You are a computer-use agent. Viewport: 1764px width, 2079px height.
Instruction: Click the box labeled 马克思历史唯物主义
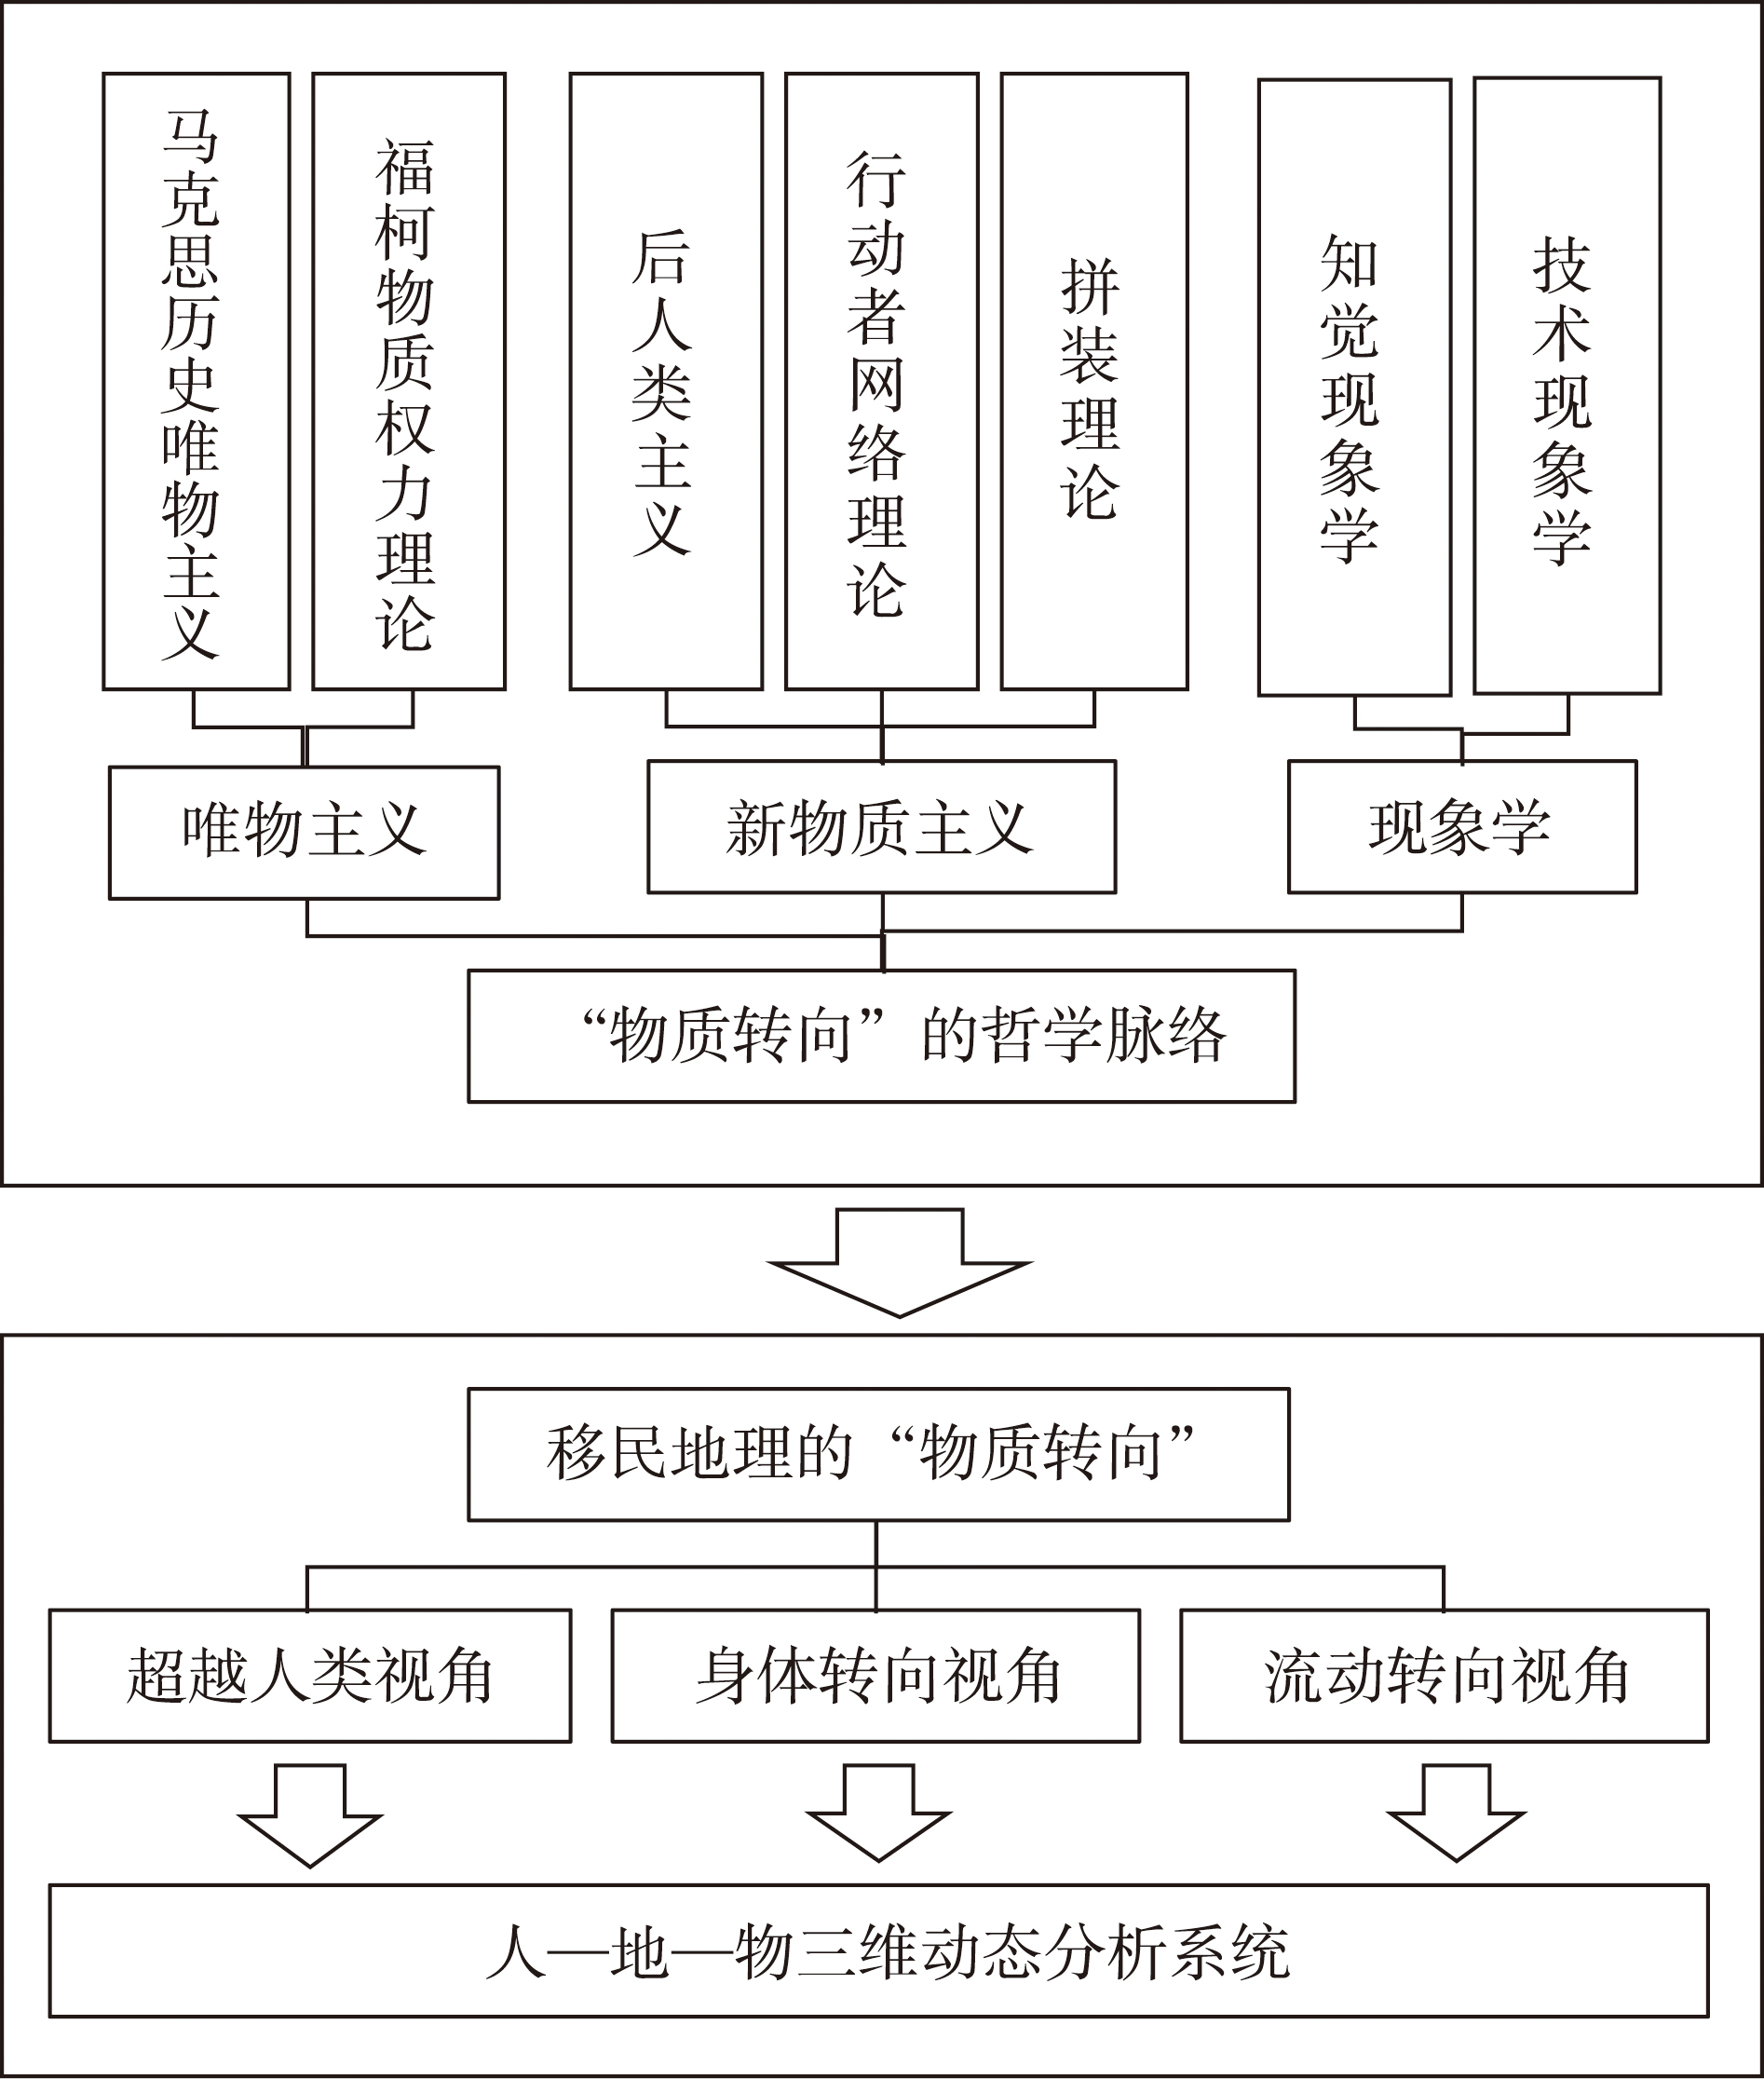(x=196, y=381)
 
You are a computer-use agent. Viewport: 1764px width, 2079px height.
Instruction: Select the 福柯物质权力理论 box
(x=409, y=381)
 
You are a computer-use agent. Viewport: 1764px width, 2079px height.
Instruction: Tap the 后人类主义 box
(x=666, y=381)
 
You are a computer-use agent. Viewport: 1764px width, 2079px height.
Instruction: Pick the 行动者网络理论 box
(x=881, y=381)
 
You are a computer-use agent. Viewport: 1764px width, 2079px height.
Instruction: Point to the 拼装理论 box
(x=1094, y=381)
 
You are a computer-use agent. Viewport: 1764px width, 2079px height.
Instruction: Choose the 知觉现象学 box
(x=1354, y=387)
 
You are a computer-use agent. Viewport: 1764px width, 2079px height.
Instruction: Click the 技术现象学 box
(x=1567, y=385)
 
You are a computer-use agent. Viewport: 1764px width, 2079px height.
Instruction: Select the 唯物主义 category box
(x=304, y=832)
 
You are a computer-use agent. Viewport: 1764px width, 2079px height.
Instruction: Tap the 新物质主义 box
(x=881, y=826)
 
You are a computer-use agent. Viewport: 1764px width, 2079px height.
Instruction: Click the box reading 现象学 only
(x=1462, y=826)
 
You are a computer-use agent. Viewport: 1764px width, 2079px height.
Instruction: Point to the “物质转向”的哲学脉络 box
(x=881, y=1036)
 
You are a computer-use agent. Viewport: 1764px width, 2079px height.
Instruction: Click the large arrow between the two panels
(x=899, y=1262)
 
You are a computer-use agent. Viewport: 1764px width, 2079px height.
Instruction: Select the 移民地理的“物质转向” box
(x=878, y=1454)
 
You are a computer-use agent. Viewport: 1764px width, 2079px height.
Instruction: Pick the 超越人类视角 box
(x=310, y=1676)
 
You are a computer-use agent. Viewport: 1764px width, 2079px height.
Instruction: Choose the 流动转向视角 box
(x=1444, y=1676)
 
